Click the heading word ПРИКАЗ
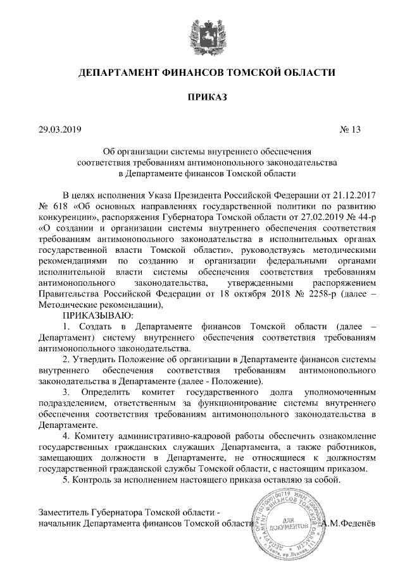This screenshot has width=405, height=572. click(x=202, y=97)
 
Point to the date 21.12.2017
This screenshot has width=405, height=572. click(x=342, y=194)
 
